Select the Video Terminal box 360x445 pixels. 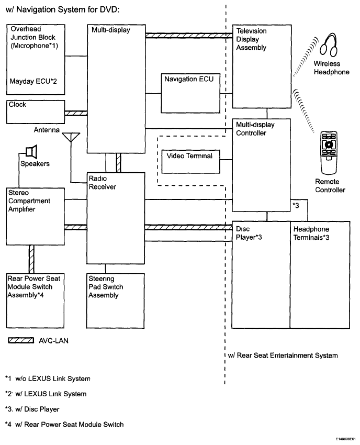pyautogui.click(x=190, y=161)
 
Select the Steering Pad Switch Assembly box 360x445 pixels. pyautogui.click(x=115, y=298)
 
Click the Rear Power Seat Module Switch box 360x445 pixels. pyautogui.click(x=36, y=298)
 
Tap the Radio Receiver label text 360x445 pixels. pyautogui.click(x=102, y=183)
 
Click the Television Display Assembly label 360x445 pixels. pyautogui.click(x=252, y=39)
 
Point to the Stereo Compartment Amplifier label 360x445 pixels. pyautogui.click(x=29, y=201)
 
